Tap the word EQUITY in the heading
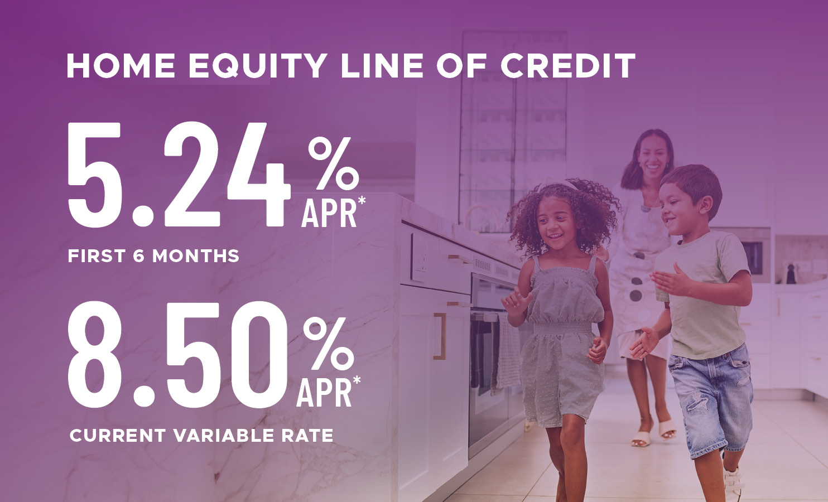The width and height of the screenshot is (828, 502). point(257,66)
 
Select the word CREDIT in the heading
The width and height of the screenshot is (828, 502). point(567,66)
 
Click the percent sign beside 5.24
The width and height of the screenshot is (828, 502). point(333,163)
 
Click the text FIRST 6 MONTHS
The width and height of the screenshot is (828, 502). point(153,256)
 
